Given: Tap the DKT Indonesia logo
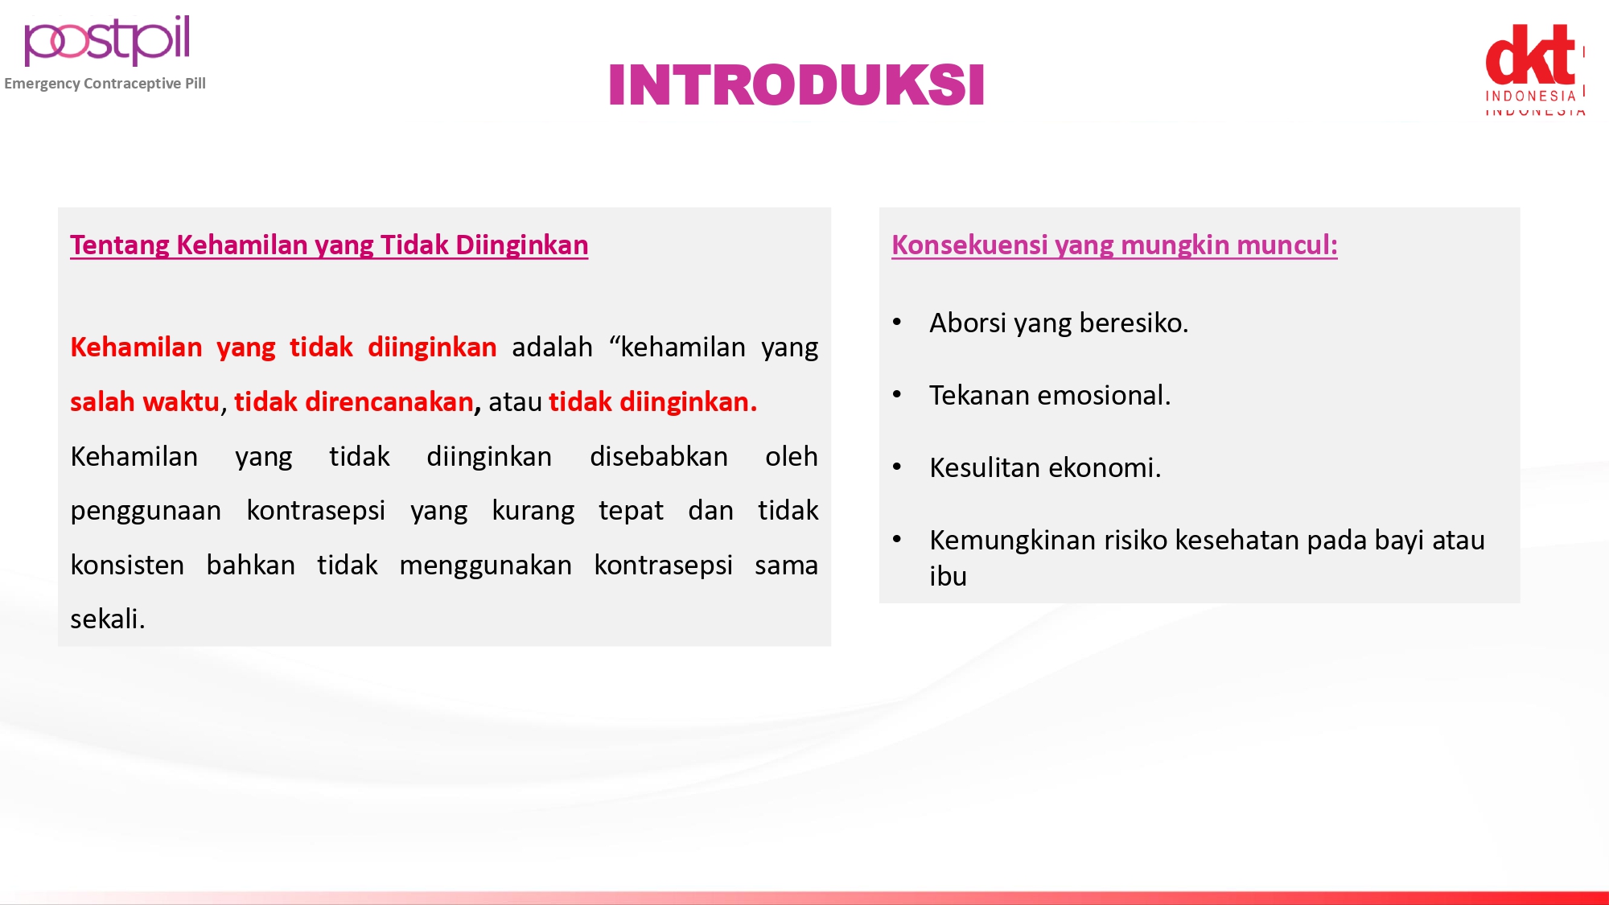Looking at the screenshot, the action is (x=1535, y=69).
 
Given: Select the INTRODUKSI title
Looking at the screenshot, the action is (x=796, y=85).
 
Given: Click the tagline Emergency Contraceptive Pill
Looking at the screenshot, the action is (x=105, y=84).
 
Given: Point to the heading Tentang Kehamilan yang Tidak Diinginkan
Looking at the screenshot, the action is (x=329, y=245).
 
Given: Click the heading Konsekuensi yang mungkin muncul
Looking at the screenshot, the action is (x=1114, y=245).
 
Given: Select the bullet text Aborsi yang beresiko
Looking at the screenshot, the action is (x=1059, y=323).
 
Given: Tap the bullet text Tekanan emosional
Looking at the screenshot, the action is (x=1050, y=396).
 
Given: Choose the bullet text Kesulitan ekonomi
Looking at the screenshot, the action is (x=1045, y=468).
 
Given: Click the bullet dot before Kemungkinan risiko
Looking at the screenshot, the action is (x=897, y=539).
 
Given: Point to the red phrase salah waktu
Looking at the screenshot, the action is (x=145, y=401).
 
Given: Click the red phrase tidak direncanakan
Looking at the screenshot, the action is (x=354, y=401).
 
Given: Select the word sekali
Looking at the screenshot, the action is (x=108, y=619).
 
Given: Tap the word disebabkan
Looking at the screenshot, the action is (x=659, y=457).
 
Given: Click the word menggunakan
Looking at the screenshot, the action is (x=485, y=566).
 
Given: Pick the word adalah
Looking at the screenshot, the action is (x=552, y=348).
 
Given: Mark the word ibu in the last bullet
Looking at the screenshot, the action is (x=948, y=577).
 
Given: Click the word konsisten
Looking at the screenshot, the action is (x=127, y=566).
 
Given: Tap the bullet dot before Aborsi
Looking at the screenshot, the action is (x=897, y=323).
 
